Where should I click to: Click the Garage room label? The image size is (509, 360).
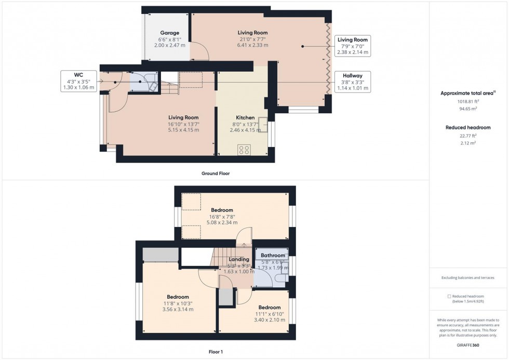[x=169, y=32]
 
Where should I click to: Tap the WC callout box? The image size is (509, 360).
[x=78, y=81]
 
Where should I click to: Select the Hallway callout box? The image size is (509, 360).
[x=353, y=82]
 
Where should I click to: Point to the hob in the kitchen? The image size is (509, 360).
[x=244, y=150]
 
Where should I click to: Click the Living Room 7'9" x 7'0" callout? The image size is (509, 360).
[x=353, y=46]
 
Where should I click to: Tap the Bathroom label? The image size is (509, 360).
[x=273, y=255]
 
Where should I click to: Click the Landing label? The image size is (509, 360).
[x=239, y=259]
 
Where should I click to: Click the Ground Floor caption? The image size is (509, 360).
[x=215, y=174]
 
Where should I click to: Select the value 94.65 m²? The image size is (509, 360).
[x=467, y=109]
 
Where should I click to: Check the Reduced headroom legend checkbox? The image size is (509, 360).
[x=449, y=296]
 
